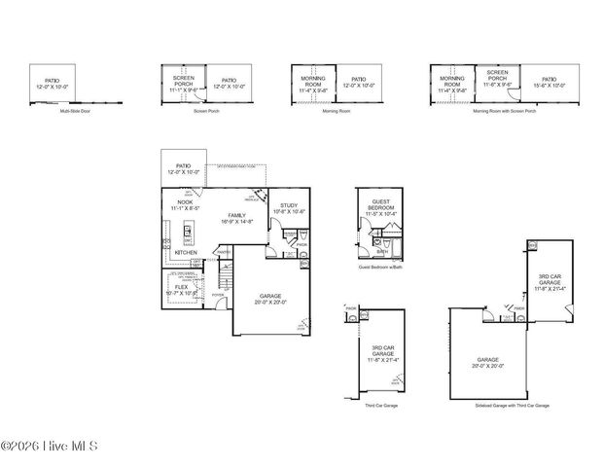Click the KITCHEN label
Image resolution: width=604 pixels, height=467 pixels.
[186, 252]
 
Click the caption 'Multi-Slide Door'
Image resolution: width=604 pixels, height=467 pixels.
[76, 112]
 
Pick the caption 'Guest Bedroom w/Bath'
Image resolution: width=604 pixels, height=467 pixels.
[380, 266]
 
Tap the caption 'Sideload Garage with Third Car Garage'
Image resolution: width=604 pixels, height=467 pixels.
[513, 405]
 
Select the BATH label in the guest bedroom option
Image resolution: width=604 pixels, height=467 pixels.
[383, 250]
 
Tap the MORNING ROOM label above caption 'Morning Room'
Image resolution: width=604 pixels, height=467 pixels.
[313, 82]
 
